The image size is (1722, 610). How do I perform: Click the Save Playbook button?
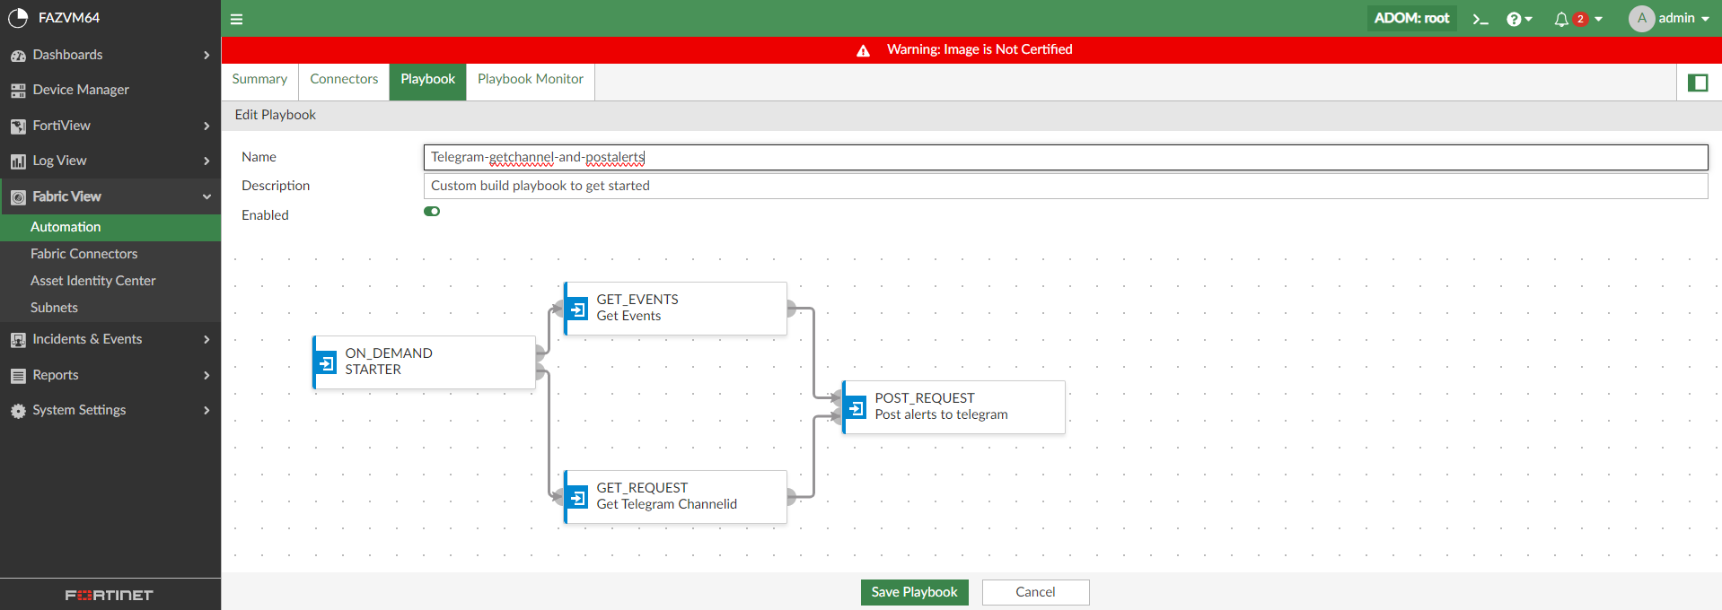click(914, 592)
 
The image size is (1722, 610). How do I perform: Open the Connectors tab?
click(344, 79)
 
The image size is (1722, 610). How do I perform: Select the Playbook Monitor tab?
click(530, 79)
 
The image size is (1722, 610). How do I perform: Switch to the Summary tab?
click(259, 79)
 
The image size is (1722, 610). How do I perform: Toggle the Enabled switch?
click(432, 212)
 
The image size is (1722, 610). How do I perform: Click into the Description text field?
click(1065, 186)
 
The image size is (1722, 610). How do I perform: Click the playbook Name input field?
click(1065, 157)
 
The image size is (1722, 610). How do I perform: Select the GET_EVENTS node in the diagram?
click(675, 309)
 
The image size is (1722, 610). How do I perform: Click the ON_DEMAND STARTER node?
click(424, 362)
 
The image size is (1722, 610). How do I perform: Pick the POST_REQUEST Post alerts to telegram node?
click(953, 407)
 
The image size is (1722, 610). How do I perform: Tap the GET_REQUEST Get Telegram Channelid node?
click(675, 497)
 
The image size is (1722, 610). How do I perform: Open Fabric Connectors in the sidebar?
click(83, 254)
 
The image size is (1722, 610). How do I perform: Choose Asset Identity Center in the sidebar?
click(92, 281)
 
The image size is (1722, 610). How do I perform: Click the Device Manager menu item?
click(81, 90)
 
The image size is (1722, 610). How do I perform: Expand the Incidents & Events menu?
click(87, 339)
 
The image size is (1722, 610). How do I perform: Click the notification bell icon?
click(1561, 19)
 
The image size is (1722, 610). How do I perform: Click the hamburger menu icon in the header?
click(237, 19)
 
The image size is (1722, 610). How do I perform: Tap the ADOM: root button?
click(1411, 18)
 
